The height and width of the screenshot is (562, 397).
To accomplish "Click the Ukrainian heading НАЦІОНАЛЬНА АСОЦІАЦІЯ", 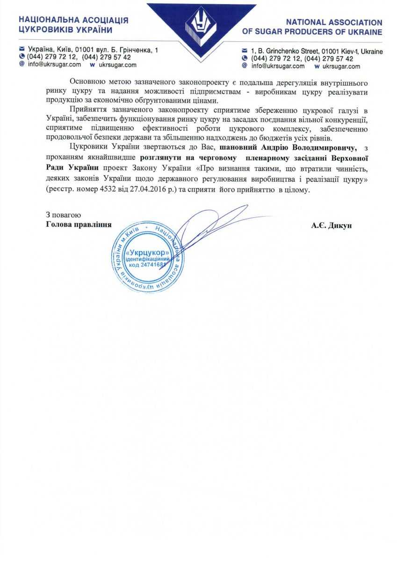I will [73, 21].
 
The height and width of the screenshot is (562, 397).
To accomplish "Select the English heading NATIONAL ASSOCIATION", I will [334, 22].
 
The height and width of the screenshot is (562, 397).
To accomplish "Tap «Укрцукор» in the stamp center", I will [147, 253].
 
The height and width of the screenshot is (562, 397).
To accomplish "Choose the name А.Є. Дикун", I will [332, 225].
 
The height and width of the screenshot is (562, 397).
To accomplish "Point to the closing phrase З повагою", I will [64, 215].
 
